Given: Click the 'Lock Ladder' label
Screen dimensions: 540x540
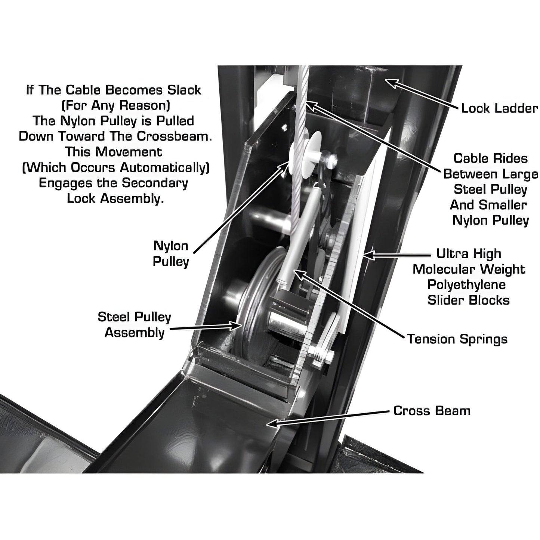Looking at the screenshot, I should pyautogui.click(x=499, y=109).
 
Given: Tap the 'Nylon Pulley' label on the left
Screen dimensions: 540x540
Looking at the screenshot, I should pyautogui.click(x=171, y=254).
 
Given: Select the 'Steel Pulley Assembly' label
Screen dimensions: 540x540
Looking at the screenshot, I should pyautogui.click(x=134, y=325).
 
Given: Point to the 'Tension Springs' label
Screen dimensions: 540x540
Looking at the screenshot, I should pyautogui.click(x=457, y=339).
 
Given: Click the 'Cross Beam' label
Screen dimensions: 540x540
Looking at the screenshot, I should pyautogui.click(x=432, y=411).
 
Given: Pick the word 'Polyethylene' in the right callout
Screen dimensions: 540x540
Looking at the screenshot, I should pyautogui.click(x=469, y=285).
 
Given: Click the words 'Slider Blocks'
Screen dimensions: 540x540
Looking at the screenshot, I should pyautogui.click(x=469, y=300).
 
